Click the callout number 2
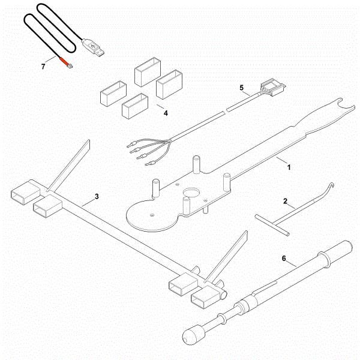pyautogui.click(x=285, y=202)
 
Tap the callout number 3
pyautogui.click(x=97, y=196)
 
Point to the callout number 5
pyautogui.click(x=242, y=88)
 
